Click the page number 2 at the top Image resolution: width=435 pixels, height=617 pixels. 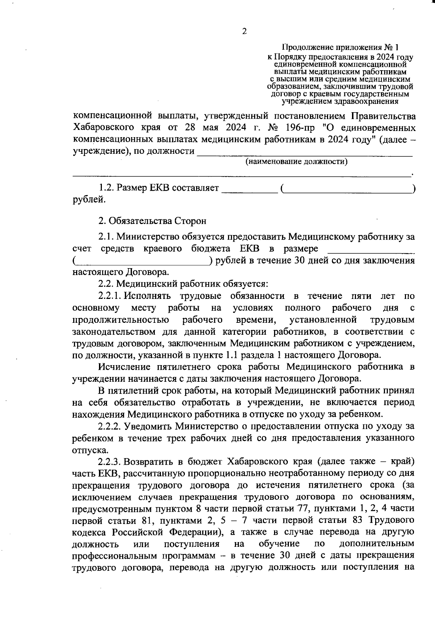(x=244, y=31)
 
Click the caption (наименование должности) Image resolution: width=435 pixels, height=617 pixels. (x=297, y=161)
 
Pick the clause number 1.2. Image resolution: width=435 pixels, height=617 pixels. (x=105, y=188)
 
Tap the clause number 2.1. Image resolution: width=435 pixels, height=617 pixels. (x=105, y=237)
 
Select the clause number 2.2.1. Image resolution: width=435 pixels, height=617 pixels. (x=109, y=296)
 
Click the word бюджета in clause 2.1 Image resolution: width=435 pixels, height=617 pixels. (x=211, y=249)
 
